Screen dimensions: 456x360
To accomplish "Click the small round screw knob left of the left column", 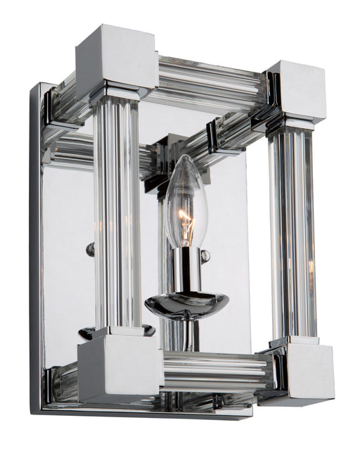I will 90,248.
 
